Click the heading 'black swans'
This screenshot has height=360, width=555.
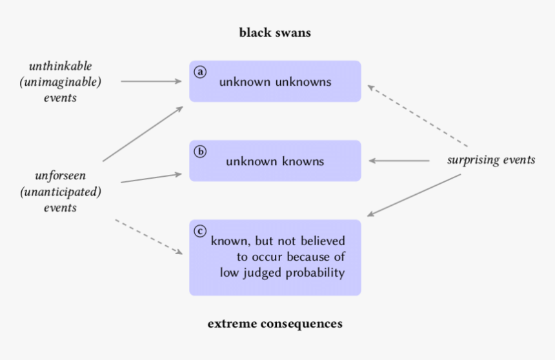tap(275, 32)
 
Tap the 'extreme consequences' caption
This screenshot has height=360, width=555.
tap(275, 323)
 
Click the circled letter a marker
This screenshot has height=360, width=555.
tap(200, 72)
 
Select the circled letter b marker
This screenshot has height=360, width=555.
tap(200, 152)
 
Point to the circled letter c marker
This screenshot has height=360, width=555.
tap(200, 231)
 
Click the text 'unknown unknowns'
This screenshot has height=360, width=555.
tap(275, 82)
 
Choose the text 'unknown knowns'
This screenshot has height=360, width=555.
tap(275, 161)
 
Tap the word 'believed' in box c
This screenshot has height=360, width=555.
tap(323, 241)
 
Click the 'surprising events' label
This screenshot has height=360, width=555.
tap(491, 160)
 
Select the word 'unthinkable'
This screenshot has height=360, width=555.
tap(61, 66)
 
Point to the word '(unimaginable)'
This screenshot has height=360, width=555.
tap(61, 82)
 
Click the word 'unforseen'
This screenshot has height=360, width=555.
tap(61, 175)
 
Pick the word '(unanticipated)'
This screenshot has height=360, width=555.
tap(61, 192)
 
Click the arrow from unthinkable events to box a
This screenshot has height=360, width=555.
tap(152, 82)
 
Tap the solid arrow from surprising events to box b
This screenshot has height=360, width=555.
tap(399, 161)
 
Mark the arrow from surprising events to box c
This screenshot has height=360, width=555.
tap(414, 195)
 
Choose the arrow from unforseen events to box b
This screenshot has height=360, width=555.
tap(151, 177)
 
